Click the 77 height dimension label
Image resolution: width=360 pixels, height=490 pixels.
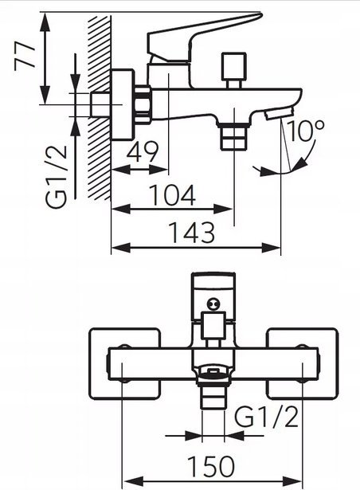click(25, 57)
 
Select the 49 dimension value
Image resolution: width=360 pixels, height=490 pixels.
click(143, 151)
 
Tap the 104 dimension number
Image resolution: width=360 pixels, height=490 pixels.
click(173, 195)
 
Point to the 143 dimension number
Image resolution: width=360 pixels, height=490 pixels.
click(192, 233)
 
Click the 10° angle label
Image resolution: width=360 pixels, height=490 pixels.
click(305, 131)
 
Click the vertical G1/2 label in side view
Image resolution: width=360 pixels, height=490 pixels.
click(57, 177)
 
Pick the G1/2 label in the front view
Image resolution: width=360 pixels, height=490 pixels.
click(266, 417)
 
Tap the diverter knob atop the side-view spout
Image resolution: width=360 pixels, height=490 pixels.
click(233, 70)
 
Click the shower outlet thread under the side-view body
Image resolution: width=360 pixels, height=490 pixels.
click(234, 136)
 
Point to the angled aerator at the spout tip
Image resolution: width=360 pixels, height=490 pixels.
click(279, 113)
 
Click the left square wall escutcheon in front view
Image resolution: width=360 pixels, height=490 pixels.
click(125, 364)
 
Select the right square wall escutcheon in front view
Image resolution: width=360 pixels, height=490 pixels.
click(302, 364)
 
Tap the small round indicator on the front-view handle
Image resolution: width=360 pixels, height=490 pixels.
click(213, 304)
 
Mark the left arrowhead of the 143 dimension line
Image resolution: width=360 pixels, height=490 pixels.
click(120, 248)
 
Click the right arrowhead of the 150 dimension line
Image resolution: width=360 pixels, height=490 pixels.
click(292, 481)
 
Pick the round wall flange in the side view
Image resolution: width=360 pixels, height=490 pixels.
click(123, 105)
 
